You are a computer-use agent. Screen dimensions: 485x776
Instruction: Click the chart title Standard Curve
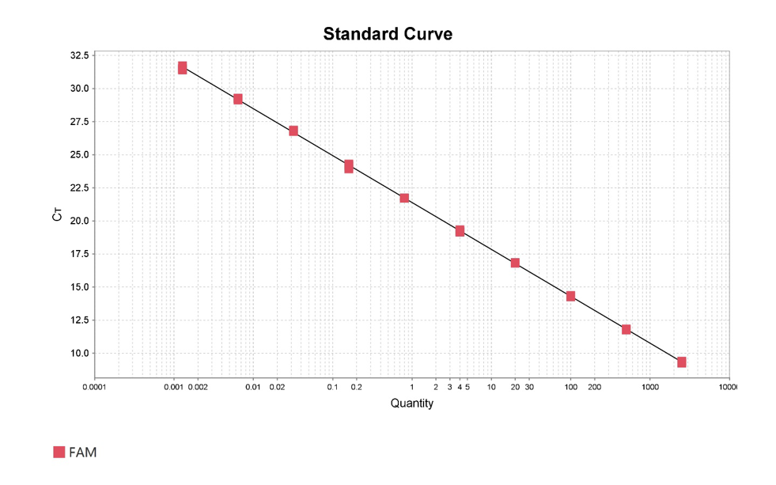tap(388, 34)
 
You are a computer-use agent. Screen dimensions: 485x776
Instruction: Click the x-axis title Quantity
tap(411, 404)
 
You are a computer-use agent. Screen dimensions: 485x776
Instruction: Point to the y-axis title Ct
tap(56, 213)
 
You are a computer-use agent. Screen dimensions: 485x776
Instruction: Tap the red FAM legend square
tap(59, 452)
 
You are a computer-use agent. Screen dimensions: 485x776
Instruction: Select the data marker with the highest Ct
tap(182, 68)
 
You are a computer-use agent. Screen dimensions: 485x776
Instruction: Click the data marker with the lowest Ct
tap(681, 362)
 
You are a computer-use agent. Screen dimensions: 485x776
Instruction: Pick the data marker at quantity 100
tap(570, 296)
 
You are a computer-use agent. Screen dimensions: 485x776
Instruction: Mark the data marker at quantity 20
tap(515, 263)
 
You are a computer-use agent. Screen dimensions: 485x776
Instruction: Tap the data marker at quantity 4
tap(460, 231)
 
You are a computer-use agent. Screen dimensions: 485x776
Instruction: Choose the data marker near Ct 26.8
tap(293, 131)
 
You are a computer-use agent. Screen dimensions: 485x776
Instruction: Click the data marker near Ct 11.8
tap(626, 329)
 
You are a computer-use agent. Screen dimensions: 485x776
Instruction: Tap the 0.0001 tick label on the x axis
tap(95, 388)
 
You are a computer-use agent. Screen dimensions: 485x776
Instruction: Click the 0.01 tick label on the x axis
tap(253, 388)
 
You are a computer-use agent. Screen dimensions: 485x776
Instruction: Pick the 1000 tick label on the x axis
tap(649, 388)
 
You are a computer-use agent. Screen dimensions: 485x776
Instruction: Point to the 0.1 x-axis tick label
tap(332, 388)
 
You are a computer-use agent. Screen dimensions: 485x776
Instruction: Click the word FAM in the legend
tap(83, 452)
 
